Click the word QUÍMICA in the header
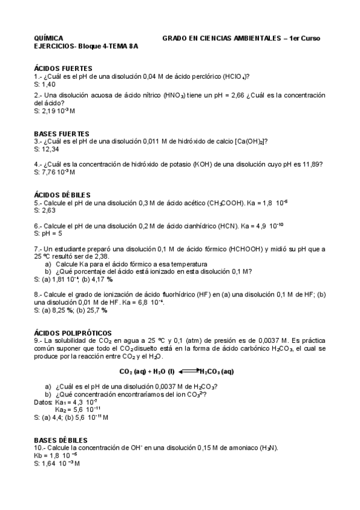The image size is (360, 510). tap(49, 38)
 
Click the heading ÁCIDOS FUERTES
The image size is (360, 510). tap(63, 69)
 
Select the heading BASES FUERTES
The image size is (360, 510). tap(62, 134)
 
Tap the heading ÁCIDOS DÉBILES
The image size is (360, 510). tap(63, 195)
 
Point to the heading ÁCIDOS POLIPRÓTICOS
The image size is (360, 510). tap(72, 333)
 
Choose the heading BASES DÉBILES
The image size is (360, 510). tap(61, 440)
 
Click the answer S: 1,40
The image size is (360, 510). tap(45, 84)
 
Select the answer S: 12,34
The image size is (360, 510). tap(47, 149)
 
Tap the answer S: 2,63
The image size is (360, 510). tap(45, 210)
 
